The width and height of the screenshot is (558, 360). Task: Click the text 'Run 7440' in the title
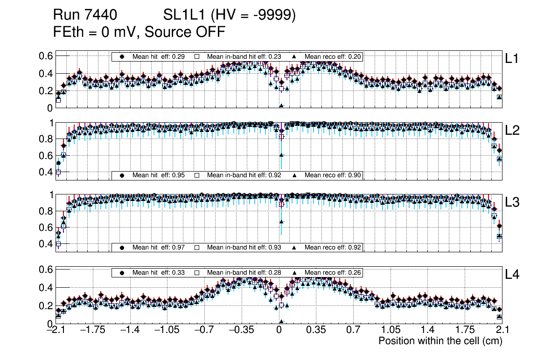coord(84,15)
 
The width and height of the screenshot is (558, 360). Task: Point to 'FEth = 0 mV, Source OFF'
coord(139,32)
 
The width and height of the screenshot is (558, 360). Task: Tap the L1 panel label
coord(512,59)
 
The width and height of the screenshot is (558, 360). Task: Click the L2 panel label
coord(512,131)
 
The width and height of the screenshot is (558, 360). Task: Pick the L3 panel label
coord(512,202)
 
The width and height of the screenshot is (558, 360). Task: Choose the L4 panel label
coord(512,275)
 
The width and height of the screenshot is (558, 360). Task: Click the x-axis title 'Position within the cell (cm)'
coord(440,341)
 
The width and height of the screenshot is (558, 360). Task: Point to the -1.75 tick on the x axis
coord(92,330)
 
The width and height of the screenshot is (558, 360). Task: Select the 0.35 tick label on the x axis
coord(316,330)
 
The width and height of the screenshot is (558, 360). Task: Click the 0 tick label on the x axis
coord(279,330)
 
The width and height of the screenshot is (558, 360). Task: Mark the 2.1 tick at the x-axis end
coord(502,330)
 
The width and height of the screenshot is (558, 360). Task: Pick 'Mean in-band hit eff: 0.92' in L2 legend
coord(244,175)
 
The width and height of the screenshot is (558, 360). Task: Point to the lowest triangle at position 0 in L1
coord(281,106)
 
